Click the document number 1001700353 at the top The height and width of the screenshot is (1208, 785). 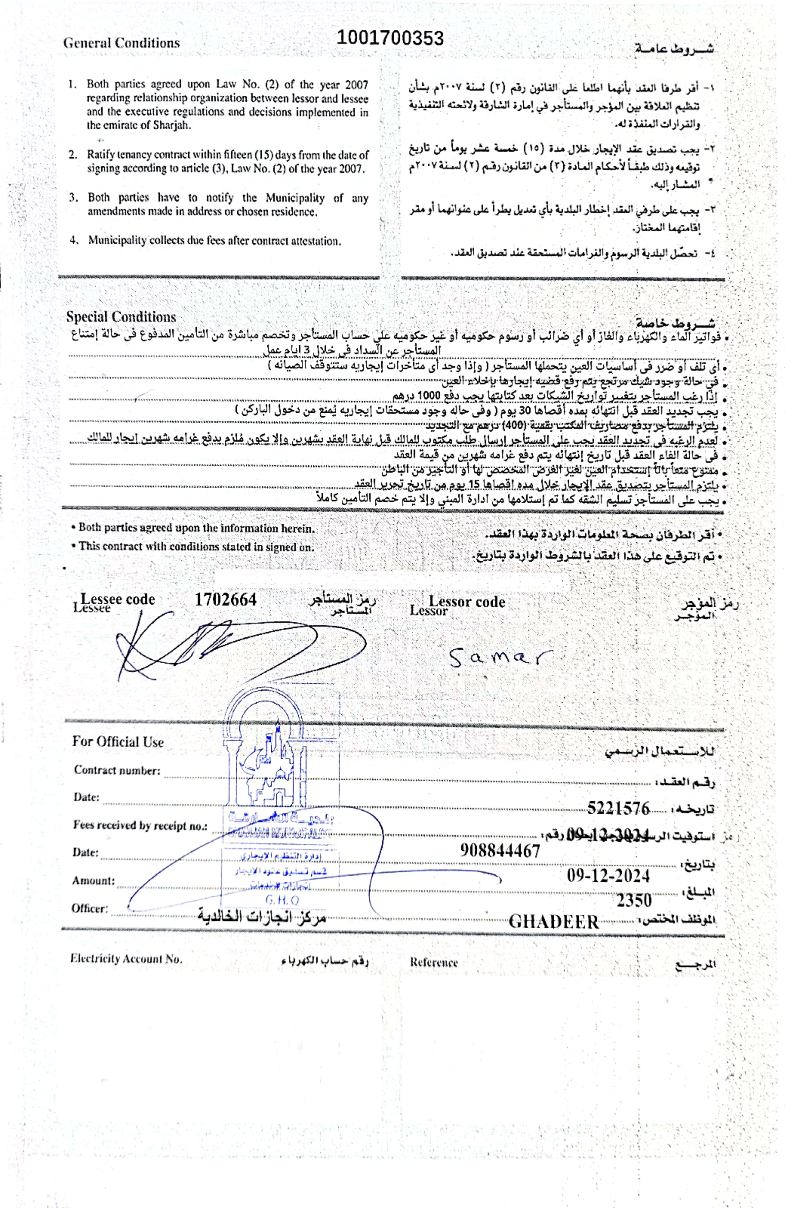[x=390, y=38]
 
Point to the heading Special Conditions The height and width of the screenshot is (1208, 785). [x=121, y=317]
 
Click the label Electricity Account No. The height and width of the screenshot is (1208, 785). [x=126, y=959]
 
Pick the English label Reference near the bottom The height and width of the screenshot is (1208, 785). [x=433, y=962]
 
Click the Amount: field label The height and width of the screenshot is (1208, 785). [x=93, y=881]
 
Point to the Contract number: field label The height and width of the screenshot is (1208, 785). [x=117, y=770]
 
